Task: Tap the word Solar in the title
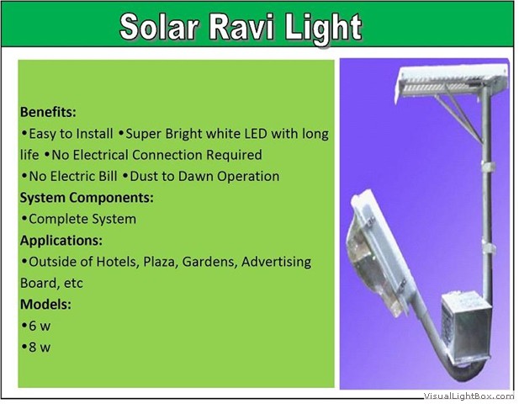[160, 27]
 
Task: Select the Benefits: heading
[48, 112]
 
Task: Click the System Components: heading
[87, 198]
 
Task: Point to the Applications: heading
[61, 241]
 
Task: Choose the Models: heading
[45, 304]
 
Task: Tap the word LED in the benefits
[256, 134]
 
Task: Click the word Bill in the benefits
[107, 176]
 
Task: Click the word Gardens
[209, 262]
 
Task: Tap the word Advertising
[277, 262]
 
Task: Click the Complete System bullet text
[82, 219]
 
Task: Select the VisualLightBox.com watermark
[469, 396]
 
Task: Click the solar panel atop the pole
[452, 81]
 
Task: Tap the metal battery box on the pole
[466, 327]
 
